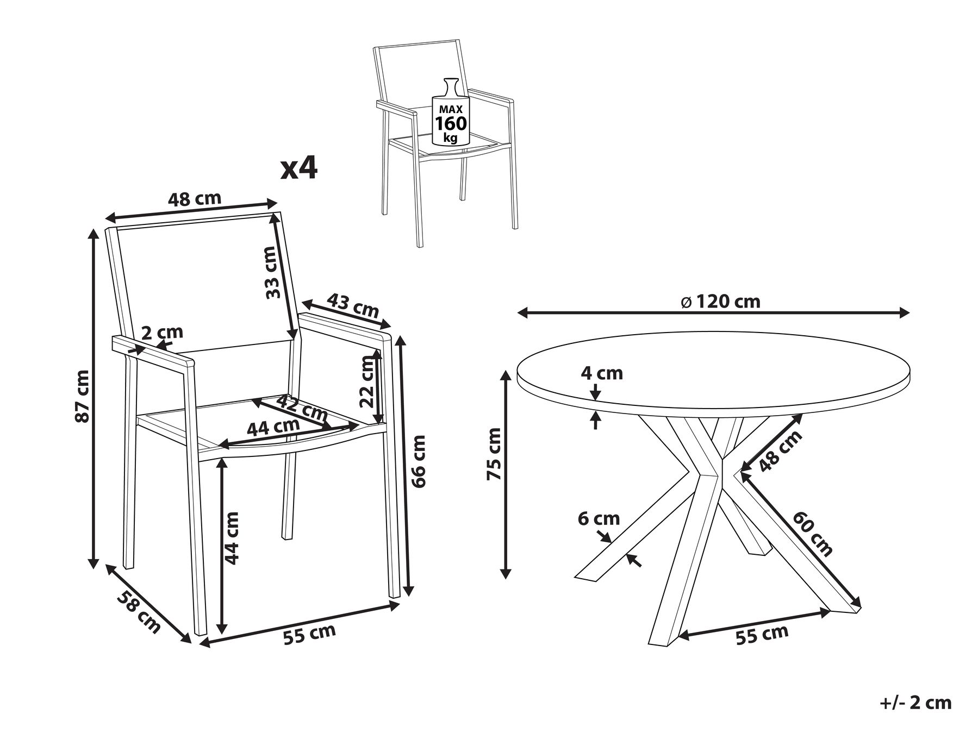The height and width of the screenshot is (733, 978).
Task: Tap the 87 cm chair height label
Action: [83, 396]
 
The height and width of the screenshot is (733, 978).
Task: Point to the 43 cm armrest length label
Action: [353, 306]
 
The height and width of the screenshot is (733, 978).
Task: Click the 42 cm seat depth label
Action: [302, 409]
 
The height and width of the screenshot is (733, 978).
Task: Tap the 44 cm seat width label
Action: [273, 427]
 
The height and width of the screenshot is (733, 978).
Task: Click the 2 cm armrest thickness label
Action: [162, 333]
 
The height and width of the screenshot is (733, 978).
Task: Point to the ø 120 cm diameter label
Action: [720, 301]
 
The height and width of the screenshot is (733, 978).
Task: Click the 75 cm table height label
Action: [494, 454]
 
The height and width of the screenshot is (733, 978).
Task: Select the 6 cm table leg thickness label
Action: [599, 519]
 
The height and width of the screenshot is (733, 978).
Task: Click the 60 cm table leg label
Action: [813, 534]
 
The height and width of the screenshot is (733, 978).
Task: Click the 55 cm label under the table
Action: [762, 634]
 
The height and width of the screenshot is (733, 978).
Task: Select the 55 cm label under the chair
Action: [310, 634]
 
